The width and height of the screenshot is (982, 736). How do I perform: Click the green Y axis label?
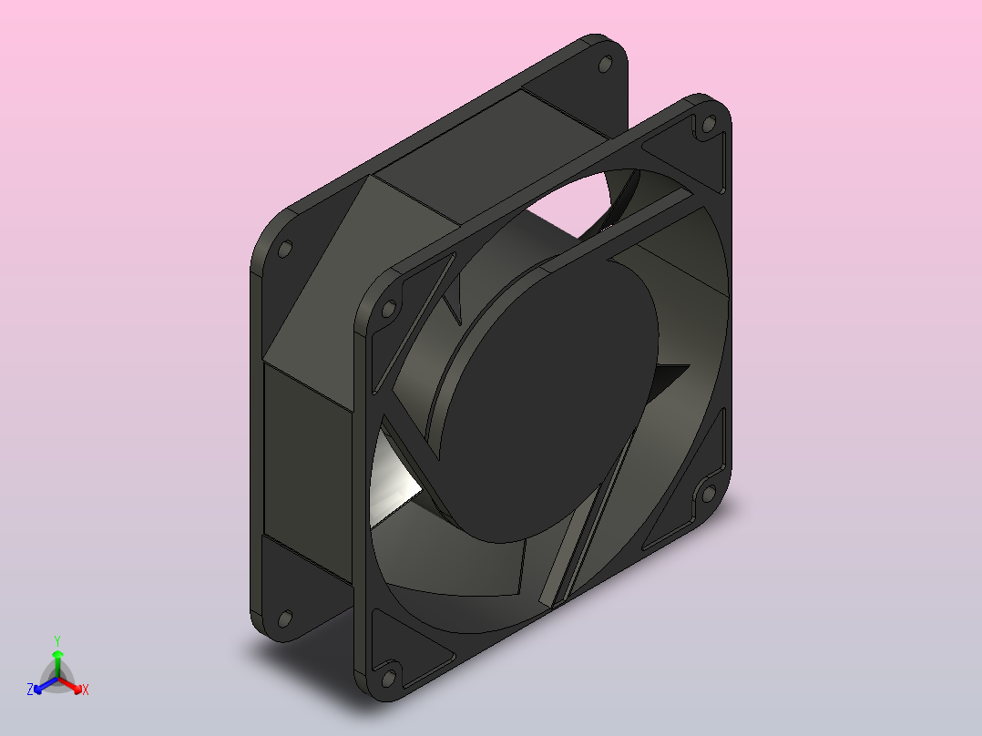coord(57,640)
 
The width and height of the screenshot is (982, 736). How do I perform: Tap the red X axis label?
coord(86,690)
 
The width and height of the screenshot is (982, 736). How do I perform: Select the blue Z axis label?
coord(30,689)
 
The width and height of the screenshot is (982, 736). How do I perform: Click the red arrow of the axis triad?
coord(70,685)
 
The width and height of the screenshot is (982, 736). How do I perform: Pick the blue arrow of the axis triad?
coord(46,685)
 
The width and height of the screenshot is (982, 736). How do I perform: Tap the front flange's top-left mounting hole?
coord(389,309)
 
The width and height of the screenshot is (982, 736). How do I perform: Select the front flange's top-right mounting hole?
coord(709,124)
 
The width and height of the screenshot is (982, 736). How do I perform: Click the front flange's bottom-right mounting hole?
coord(709,494)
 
